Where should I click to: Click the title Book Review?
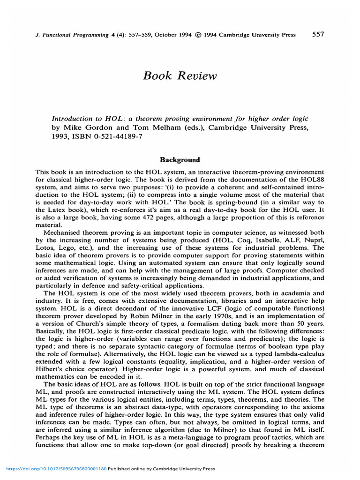(180, 76)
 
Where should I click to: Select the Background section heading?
(180, 160)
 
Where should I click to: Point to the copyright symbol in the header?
(198, 35)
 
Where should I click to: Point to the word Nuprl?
(314, 240)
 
